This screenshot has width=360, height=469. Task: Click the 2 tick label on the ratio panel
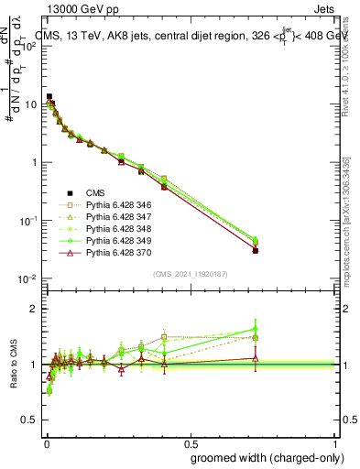coord(36,309)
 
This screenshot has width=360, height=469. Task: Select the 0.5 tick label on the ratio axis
coord(32,420)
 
